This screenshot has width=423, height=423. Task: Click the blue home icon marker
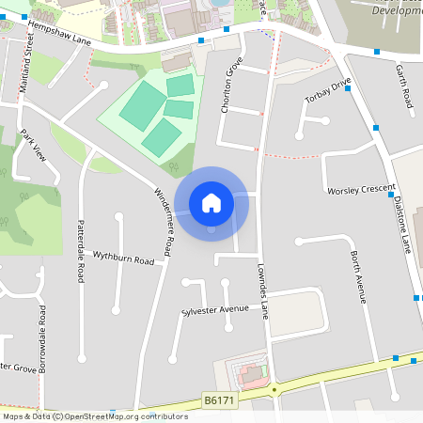click(x=211, y=202)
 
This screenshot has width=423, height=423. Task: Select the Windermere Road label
click(x=163, y=222)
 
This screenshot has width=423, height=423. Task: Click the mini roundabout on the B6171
click(x=275, y=388)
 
